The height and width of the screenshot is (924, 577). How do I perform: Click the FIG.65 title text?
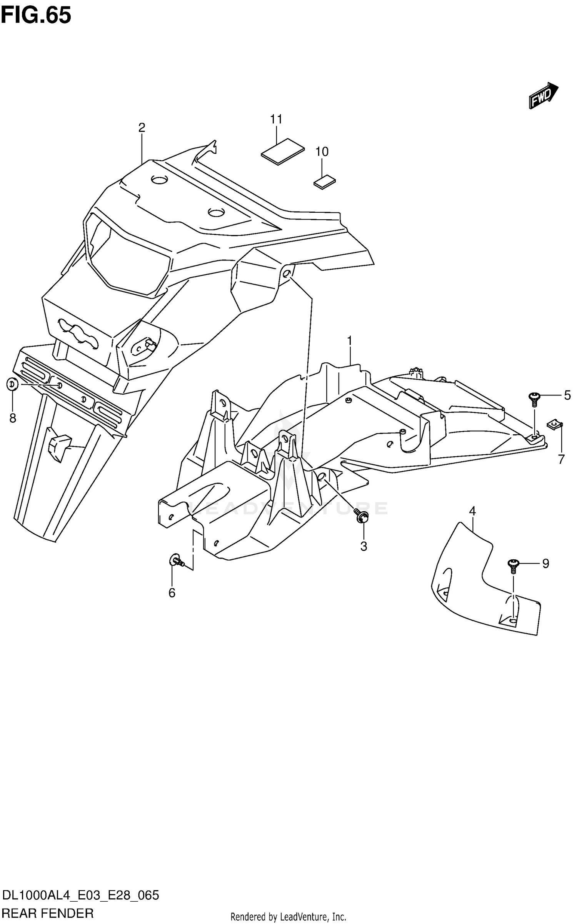[x=36, y=16]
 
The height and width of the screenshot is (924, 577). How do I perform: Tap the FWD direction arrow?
[x=543, y=95]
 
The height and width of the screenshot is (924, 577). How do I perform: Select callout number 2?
[x=142, y=128]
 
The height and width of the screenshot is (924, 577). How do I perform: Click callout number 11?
[x=276, y=120]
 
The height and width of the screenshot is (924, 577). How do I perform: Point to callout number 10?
[x=322, y=152]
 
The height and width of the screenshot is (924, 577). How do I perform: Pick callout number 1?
[x=350, y=341]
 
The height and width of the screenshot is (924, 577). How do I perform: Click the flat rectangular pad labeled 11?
[x=283, y=152]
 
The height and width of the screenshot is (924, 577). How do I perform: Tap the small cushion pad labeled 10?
[x=325, y=182]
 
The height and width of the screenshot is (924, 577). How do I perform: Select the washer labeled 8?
[x=12, y=384]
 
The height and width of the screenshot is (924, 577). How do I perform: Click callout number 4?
[x=472, y=511]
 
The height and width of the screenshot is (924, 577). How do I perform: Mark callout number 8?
[x=13, y=418]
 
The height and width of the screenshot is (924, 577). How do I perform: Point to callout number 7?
[x=561, y=459]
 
